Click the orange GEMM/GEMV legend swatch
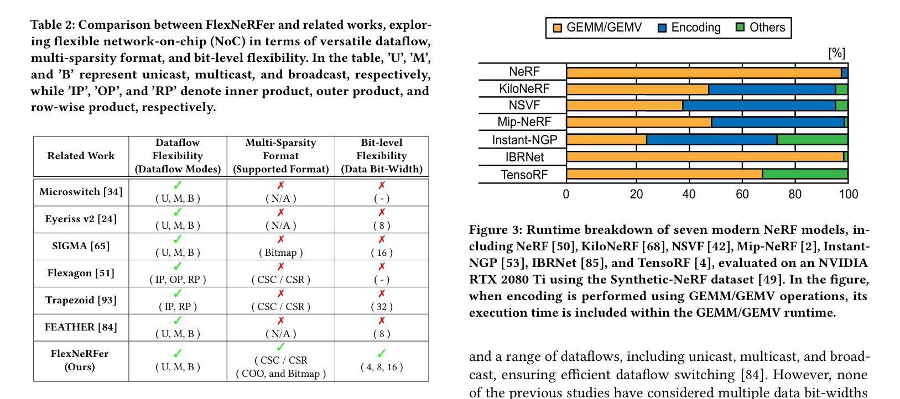(x=557, y=28)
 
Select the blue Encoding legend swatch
(x=662, y=28)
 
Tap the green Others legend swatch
(x=740, y=27)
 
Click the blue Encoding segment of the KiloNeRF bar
(x=772, y=89)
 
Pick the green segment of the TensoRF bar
(x=805, y=174)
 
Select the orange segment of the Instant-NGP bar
(x=606, y=139)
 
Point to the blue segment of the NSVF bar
(x=759, y=106)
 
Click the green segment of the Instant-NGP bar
(x=813, y=139)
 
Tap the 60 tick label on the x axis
(x=742, y=195)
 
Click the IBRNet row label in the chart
(x=525, y=157)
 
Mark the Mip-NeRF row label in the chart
(x=524, y=122)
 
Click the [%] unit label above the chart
(x=837, y=53)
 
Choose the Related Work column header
(x=81, y=156)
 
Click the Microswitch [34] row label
(x=81, y=192)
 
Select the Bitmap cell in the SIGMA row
(x=281, y=253)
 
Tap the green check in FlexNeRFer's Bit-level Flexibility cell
(x=381, y=353)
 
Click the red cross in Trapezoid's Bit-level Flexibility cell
(x=382, y=293)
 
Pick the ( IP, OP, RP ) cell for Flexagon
(x=178, y=280)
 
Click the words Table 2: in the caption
(x=53, y=25)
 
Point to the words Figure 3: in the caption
(x=496, y=230)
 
